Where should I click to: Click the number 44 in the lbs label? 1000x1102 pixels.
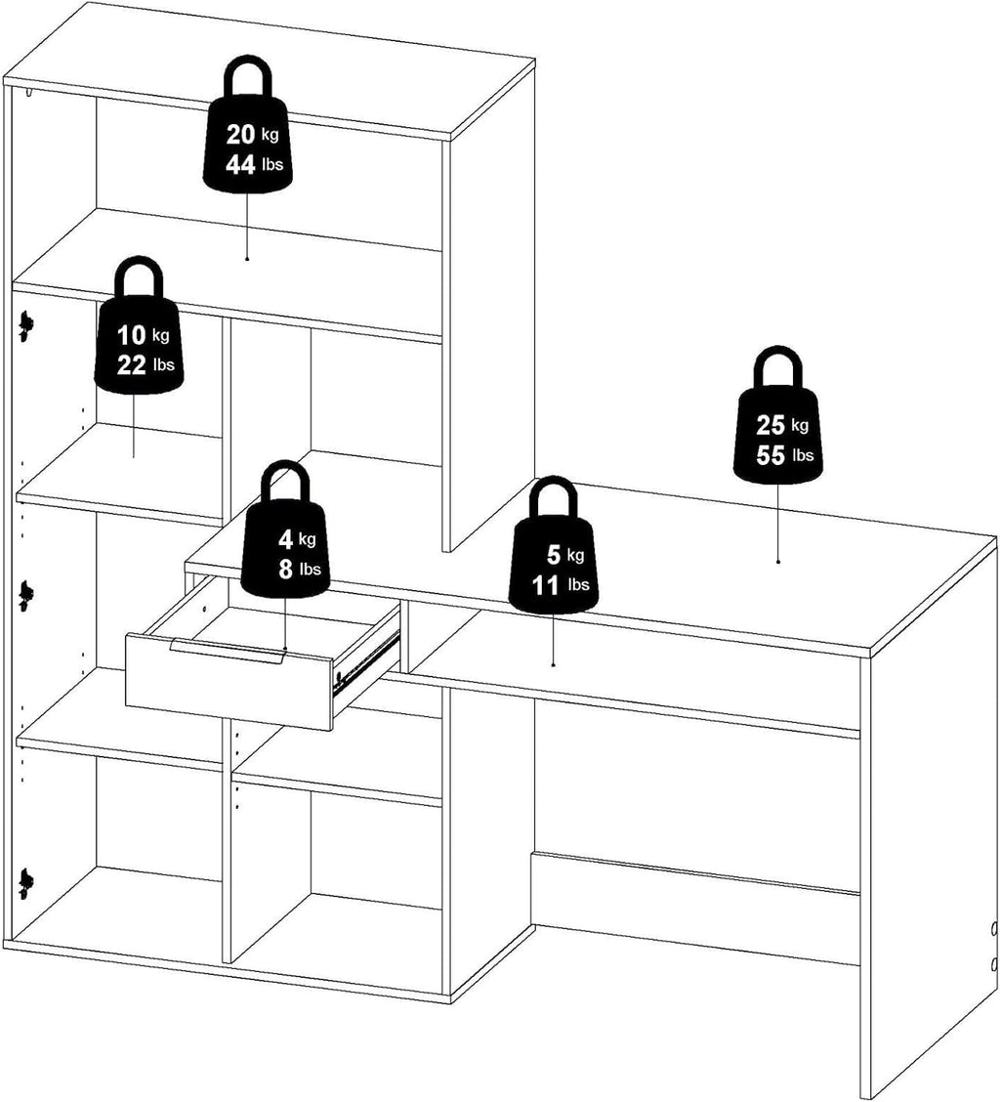pyautogui.click(x=240, y=165)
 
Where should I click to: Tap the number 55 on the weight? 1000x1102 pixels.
pyautogui.click(x=771, y=455)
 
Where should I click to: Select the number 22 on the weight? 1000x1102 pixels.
pyautogui.click(x=132, y=365)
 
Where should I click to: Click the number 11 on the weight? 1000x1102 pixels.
pyautogui.click(x=545, y=585)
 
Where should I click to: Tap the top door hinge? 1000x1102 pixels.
pyautogui.click(x=26, y=326)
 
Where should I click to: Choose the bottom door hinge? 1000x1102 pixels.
pyautogui.click(x=26, y=883)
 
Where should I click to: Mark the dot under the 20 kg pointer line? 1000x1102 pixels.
pyautogui.click(x=247, y=259)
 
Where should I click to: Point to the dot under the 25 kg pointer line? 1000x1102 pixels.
pyautogui.click(x=778, y=561)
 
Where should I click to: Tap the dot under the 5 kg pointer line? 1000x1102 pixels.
pyautogui.click(x=553, y=664)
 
